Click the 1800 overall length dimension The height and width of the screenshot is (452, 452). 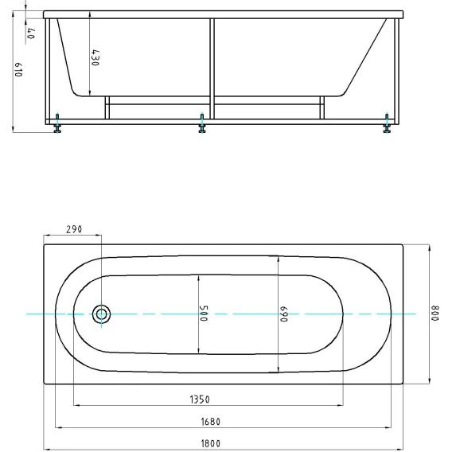pos(210,443)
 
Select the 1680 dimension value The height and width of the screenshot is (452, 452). pos(210,422)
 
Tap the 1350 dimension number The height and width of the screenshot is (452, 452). pos(200,399)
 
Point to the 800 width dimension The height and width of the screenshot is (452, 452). pos(434,314)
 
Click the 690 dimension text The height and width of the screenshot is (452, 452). pos(284,314)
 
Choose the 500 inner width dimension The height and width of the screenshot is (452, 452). pos(204,314)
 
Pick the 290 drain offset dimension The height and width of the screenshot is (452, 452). pos(74,229)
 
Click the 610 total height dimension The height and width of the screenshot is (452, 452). pos(18,69)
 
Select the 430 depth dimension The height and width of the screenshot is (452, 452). pos(95,57)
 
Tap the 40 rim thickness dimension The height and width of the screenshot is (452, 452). pos(31,33)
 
